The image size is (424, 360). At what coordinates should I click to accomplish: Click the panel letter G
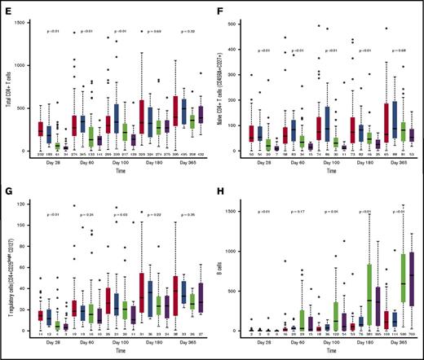7,186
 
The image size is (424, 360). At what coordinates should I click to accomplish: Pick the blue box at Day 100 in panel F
327,121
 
